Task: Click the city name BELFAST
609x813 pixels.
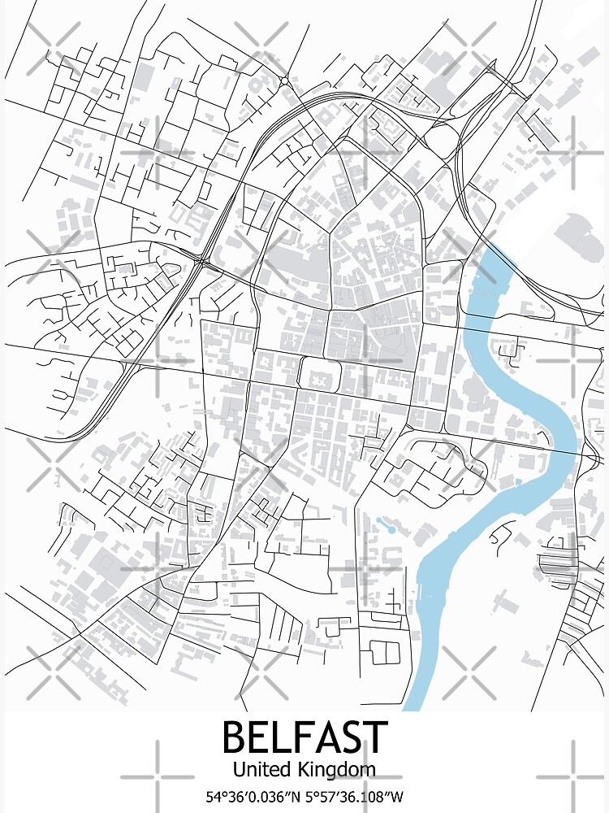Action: [x=304, y=737]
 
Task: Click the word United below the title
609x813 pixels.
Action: [x=259, y=768]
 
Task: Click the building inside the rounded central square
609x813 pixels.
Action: [x=316, y=375]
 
